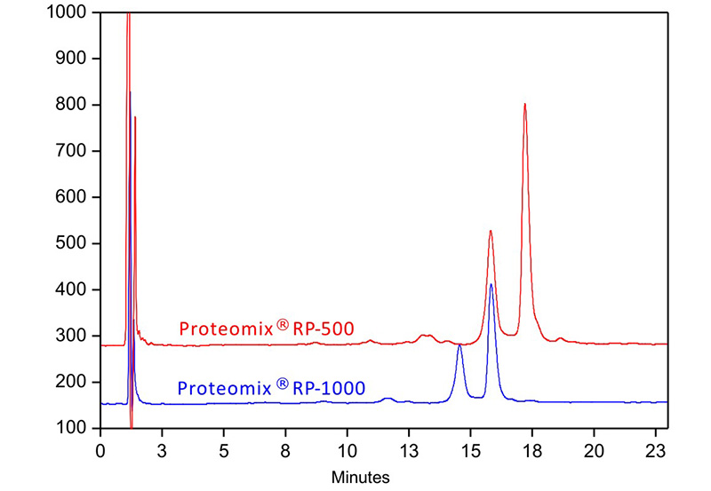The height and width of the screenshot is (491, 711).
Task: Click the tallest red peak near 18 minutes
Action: coord(525,105)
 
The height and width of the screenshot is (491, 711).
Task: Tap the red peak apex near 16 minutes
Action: coord(491,232)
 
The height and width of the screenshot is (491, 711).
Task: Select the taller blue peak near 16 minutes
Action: coord(491,285)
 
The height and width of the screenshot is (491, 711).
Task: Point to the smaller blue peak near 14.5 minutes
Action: coord(459,345)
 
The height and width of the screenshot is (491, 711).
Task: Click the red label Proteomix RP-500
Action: coord(267,329)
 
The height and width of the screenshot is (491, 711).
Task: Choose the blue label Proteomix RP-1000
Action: coord(272,387)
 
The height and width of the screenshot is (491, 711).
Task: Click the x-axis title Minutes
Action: coord(361,477)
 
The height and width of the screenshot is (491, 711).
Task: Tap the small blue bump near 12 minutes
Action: coord(387,399)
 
